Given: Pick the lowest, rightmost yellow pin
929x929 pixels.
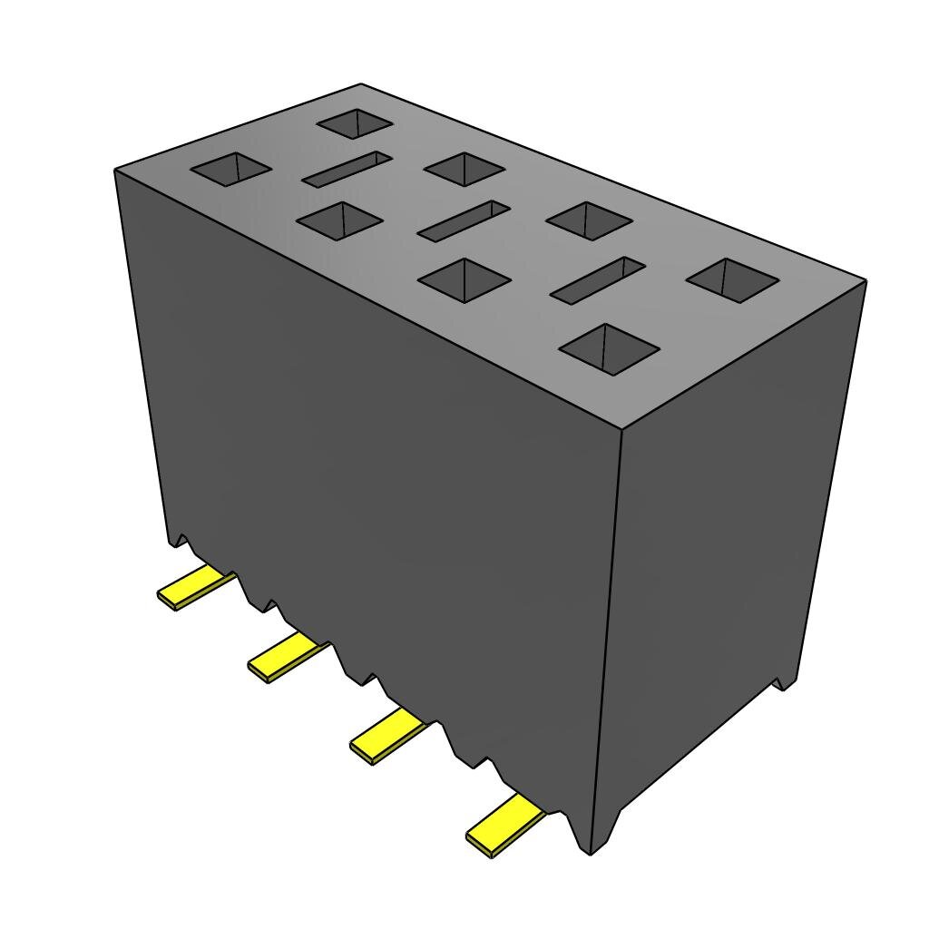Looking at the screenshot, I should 503,826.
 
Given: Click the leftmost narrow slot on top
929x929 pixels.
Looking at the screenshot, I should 347,170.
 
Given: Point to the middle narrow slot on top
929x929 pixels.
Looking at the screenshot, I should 464,220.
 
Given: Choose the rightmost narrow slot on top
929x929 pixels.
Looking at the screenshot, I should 598,279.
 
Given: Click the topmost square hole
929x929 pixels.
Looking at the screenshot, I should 355,123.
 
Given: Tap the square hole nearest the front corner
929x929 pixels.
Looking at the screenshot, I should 610,348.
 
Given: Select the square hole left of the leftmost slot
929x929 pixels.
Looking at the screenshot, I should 230,169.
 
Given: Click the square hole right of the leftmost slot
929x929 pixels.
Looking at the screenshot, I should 464,169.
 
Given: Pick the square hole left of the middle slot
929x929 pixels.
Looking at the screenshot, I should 338,220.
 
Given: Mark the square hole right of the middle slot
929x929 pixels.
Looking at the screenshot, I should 590,220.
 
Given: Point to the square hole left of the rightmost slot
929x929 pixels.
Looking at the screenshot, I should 464,279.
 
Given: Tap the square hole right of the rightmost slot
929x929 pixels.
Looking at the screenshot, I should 731,279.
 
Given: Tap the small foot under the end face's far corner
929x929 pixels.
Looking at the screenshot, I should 783,681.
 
